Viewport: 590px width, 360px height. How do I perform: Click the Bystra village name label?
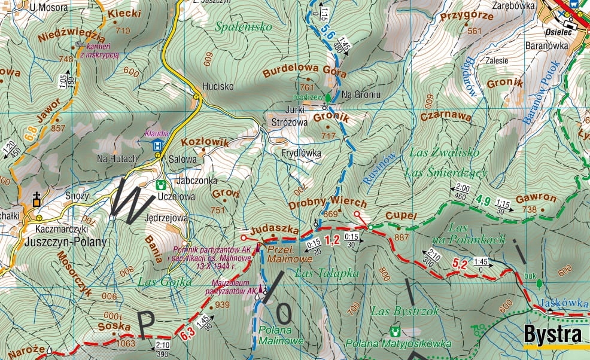(x=552, y=334)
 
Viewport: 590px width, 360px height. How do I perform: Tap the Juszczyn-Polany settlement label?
(x=66, y=242)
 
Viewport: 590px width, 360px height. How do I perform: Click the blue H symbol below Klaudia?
(x=157, y=145)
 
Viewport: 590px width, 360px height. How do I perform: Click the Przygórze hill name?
(x=467, y=17)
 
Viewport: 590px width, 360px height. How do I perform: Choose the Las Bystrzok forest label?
(x=396, y=311)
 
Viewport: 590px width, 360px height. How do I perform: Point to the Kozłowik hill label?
(x=205, y=142)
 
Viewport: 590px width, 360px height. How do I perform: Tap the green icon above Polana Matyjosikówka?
(x=394, y=331)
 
